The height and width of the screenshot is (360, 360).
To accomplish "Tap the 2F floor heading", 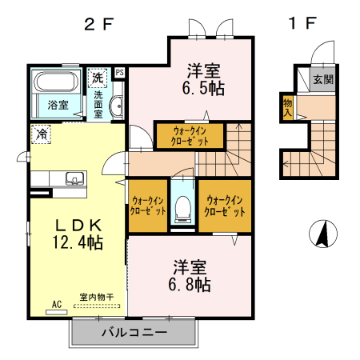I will [x=101, y=23].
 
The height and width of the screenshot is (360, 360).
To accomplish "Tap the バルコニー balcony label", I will [x=134, y=331].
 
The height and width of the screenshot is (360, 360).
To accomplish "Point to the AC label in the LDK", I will [x=57, y=304].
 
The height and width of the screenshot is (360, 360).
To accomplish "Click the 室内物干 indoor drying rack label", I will [x=97, y=297].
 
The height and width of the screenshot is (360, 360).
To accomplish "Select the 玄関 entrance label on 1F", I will [x=322, y=79].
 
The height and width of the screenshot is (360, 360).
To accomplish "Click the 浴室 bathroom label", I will [x=58, y=104].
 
